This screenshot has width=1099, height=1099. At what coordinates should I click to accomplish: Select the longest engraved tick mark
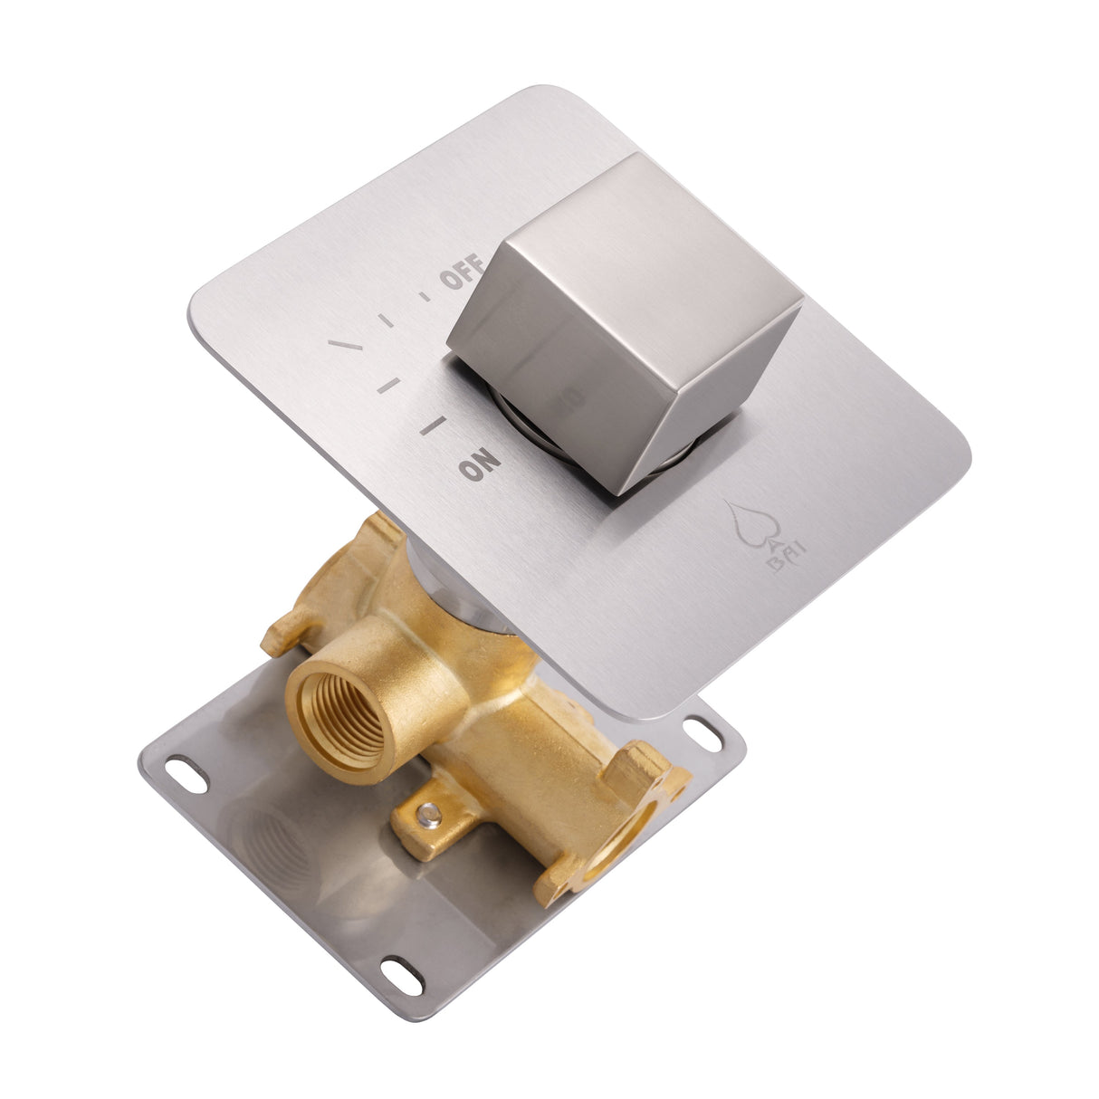(x=345, y=346)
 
